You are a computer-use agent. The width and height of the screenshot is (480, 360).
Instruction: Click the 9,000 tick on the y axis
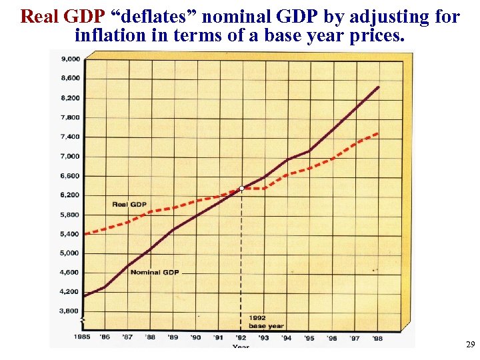point(71,59)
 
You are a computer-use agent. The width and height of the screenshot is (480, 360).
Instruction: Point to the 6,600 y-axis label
point(71,176)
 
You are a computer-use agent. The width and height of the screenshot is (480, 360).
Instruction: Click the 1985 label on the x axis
point(82,337)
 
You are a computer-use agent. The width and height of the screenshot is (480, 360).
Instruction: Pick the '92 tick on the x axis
point(241,337)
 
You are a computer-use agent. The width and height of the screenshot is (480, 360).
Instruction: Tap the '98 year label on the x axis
point(377,337)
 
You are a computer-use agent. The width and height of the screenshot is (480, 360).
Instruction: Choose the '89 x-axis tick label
point(173,337)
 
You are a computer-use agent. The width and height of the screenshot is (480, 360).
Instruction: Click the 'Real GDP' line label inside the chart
point(129,204)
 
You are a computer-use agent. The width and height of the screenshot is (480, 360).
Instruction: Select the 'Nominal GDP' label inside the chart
point(154,272)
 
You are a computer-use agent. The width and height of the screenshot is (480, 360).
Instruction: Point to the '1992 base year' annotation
point(266,321)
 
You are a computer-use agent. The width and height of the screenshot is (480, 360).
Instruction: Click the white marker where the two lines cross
point(241,189)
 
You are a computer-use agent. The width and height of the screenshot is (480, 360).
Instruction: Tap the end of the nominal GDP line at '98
point(379,87)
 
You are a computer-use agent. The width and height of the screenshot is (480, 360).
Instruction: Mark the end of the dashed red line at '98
point(378,133)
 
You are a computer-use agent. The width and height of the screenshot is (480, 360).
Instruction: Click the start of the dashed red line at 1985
point(84,234)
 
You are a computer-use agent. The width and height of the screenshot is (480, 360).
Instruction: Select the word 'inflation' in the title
point(110,35)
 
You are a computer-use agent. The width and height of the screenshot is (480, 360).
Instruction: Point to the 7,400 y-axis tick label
point(71,137)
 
